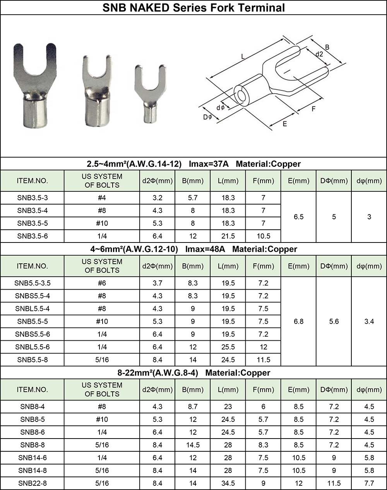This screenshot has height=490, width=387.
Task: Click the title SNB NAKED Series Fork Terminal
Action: (x=193, y=7)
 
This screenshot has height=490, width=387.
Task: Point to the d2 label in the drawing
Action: (x=319, y=55)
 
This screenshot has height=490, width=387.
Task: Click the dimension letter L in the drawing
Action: (x=243, y=57)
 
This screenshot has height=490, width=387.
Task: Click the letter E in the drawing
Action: (x=284, y=124)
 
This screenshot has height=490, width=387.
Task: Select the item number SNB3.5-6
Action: (x=33, y=236)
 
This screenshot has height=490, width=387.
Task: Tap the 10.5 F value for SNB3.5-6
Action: (x=263, y=236)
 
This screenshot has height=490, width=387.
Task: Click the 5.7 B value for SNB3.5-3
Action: (x=193, y=198)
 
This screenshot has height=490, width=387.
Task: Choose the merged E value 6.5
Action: (x=298, y=217)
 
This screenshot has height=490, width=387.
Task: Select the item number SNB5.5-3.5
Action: (x=33, y=283)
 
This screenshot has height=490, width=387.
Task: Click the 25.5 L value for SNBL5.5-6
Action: (x=228, y=347)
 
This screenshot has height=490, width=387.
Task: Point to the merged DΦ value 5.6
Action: (x=334, y=321)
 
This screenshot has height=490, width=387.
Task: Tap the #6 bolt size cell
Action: (x=102, y=283)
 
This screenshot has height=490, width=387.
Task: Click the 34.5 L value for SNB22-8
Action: (x=228, y=483)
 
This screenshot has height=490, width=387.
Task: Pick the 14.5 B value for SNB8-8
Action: (x=193, y=445)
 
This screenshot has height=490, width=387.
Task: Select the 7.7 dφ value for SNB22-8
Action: (x=369, y=483)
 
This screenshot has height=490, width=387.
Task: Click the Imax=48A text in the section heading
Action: (x=205, y=249)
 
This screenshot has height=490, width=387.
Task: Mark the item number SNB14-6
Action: (x=33, y=458)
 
